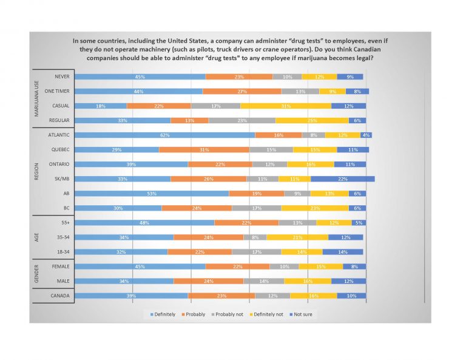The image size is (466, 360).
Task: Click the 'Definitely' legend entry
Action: pos(163,314)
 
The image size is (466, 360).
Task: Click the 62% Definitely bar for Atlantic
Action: pos(165,135)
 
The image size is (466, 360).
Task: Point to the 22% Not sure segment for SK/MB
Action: pos(342,179)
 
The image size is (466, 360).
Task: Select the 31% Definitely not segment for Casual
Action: pos(286,106)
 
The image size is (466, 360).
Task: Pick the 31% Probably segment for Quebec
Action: pos(204,149)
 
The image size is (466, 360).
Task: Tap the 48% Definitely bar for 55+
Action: pos(144,223)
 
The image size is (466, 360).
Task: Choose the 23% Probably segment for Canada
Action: pos(221,296)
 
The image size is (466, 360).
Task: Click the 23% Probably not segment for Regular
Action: pos(241,120)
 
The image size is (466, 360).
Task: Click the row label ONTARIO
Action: pos(58,165)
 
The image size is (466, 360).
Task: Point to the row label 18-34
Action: pos(61,252)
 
